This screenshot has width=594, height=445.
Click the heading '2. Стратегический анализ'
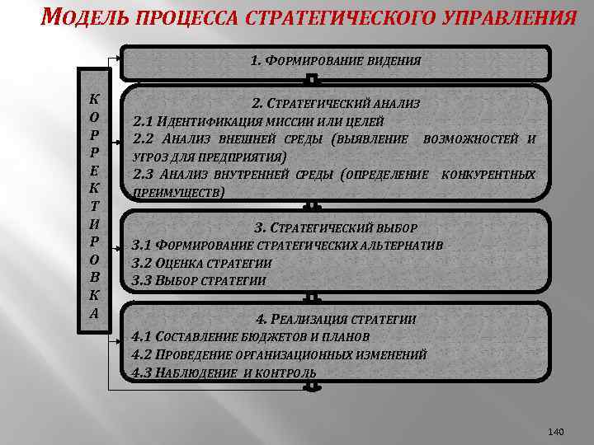coord(336,105)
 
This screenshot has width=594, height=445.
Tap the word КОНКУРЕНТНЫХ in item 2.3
coord(488,175)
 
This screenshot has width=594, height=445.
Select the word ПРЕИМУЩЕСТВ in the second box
coord(177,191)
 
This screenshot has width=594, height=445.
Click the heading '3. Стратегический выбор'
coord(336,228)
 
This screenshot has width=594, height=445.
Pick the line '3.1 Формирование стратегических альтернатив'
coord(288,246)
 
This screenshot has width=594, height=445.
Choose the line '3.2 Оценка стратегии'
coord(201,263)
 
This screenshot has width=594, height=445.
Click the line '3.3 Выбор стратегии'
coord(199,280)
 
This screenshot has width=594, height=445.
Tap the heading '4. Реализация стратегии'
coord(336,319)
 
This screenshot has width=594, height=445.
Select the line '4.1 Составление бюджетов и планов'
coord(251,336)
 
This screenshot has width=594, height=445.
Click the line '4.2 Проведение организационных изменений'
coord(280,354)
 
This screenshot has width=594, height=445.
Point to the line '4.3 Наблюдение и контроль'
coord(224,372)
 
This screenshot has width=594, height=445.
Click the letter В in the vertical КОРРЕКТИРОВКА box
coord(94,277)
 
